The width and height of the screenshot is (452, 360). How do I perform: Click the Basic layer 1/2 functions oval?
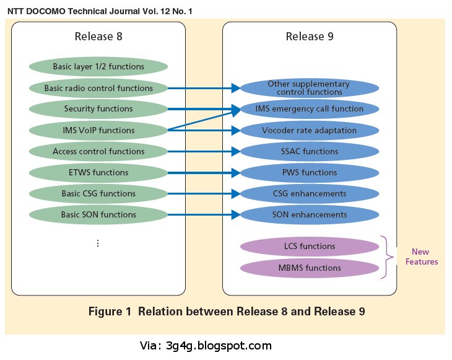(x=98, y=67)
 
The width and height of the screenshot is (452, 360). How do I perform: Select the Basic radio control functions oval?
(x=98, y=88)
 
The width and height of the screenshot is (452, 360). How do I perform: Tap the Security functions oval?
(x=98, y=109)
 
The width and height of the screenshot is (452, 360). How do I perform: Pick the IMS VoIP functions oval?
(x=98, y=130)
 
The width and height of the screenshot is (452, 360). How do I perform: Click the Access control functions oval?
(x=98, y=151)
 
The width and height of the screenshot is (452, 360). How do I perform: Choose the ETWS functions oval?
(x=98, y=172)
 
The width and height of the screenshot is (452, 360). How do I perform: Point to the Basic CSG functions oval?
(x=98, y=193)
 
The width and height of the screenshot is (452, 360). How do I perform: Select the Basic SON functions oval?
(x=98, y=214)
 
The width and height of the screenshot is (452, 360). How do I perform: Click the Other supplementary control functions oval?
(x=309, y=88)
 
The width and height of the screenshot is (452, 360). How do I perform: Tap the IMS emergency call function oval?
(x=309, y=109)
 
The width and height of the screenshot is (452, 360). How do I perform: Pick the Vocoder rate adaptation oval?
(x=309, y=130)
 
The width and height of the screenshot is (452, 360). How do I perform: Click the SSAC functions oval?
(x=309, y=151)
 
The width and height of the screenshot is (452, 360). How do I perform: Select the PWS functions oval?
(x=309, y=172)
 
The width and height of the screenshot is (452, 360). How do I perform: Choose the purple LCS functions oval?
(x=309, y=247)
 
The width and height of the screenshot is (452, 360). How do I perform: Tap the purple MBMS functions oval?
(x=309, y=268)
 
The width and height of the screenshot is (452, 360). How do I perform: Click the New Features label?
(x=421, y=257)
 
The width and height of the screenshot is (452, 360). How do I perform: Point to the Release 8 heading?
(x=98, y=37)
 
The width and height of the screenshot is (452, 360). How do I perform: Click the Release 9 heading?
(x=309, y=37)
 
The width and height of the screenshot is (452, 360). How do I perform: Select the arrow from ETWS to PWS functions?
(x=204, y=172)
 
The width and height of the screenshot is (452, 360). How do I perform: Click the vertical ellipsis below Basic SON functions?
(x=98, y=243)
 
